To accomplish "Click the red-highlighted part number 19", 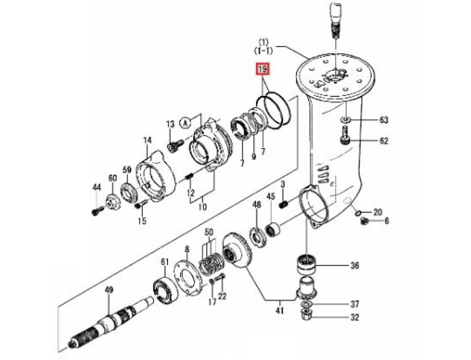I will pyautogui.click(x=262, y=70).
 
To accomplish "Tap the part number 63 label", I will pyautogui.click(x=384, y=120).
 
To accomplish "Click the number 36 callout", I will pyautogui.click(x=355, y=266).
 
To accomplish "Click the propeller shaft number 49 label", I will pyautogui.click(x=109, y=289).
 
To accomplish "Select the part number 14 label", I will pyautogui.click(x=147, y=141).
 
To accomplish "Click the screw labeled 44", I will pyautogui.click(x=97, y=212).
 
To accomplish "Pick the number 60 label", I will pyautogui.click(x=112, y=178).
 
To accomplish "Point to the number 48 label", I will pyautogui.click(x=257, y=205).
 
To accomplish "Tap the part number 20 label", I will pyautogui.click(x=377, y=212).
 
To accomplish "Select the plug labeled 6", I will pyautogui.click(x=364, y=221).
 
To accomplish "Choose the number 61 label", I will pyautogui.click(x=164, y=261).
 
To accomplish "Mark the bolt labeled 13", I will pyautogui.click(x=172, y=146).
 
